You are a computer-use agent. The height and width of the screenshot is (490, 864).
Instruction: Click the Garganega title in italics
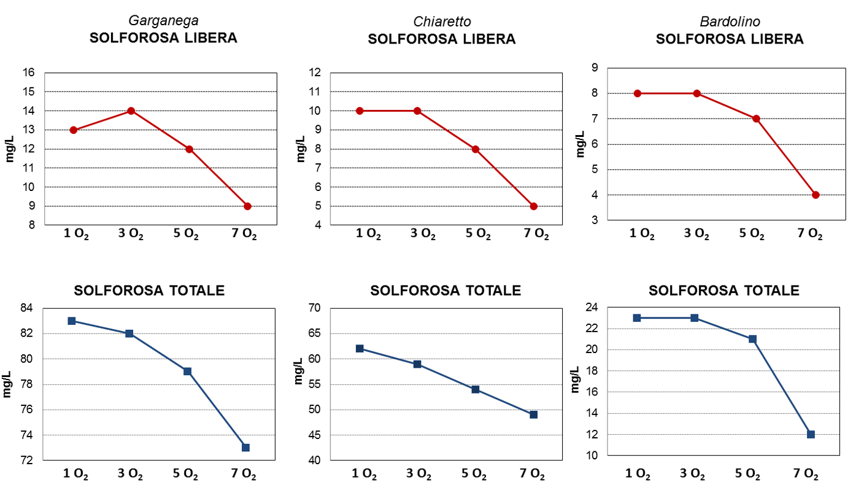click(x=164, y=21)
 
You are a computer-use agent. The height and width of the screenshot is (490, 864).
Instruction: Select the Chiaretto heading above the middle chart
click(x=442, y=21)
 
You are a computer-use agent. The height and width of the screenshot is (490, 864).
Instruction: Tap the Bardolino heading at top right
click(x=730, y=21)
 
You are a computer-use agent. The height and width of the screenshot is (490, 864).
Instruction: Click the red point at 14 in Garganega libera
click(x=131, y=111)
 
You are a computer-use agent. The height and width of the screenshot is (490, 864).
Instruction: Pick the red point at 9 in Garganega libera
click(x=248, y=206)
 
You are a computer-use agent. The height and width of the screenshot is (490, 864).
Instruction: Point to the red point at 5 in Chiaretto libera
click(x=534, y=206)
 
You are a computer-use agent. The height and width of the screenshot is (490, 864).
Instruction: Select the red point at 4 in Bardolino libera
click(x=816, y=195)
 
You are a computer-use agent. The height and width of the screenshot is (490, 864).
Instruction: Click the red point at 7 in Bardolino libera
click(x=757, y=119)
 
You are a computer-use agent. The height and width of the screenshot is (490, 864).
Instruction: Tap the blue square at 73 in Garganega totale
click(x=245, y=448)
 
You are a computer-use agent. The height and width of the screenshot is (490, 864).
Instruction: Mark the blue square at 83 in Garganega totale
click(x=72, y=321)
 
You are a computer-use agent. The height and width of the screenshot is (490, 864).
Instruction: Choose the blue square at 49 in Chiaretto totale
click(x=534, y=414)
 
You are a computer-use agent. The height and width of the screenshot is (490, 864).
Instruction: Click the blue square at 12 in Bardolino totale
click(x=811, y=435)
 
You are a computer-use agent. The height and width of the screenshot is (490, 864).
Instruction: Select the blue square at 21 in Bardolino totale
click(x=752, y=339)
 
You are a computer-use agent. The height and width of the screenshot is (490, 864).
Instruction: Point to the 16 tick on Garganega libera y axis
click(x=29, y=72)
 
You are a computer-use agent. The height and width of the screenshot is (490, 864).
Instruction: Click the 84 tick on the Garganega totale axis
click(x=27, y=308)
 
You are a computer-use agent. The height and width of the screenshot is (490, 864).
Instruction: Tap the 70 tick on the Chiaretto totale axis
click(x=314, y=308)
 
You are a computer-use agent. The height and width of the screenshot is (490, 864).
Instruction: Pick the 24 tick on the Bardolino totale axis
click(x=592, y=307)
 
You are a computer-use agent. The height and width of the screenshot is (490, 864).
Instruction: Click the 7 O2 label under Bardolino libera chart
click(x=810, y=234)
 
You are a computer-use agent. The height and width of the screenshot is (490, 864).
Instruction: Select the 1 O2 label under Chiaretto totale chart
click(x=364, y=474)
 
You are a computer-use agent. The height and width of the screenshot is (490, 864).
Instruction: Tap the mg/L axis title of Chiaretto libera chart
click(x=301, y=149)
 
